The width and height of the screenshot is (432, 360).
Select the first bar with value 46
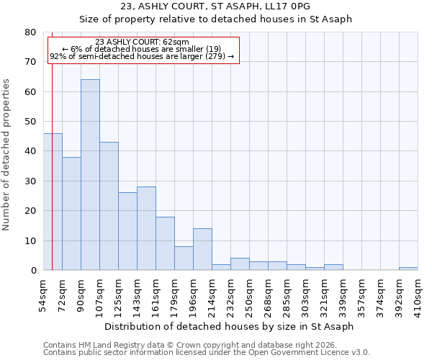(x=53, y=202)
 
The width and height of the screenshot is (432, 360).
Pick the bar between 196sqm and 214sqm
(x=202, y=249)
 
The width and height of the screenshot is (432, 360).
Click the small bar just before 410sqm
(x=408, y=269)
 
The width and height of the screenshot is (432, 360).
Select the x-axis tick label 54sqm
(x=44, y=292)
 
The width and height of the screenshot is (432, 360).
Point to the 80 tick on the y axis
(x=30, y=32)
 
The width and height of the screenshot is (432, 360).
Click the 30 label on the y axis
(x=30, y=181)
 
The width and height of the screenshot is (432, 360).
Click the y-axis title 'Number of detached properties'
(x=7, y=151)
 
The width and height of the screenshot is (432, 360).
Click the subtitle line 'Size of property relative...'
(x=215, y=19)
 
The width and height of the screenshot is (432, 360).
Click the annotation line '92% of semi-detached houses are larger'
(x=142, y=56)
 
